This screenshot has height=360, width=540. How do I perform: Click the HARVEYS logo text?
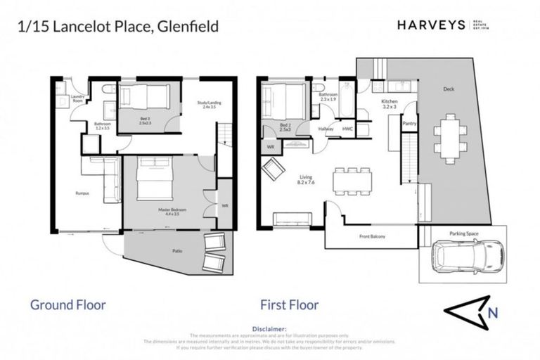coord(431,25)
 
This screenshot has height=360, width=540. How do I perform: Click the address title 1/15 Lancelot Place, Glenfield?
coord(117,27)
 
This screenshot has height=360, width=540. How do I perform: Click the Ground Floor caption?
coord(67,304)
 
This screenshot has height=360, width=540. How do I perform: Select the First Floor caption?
coord(290,304)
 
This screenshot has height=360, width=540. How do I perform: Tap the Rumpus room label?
coord(82,193)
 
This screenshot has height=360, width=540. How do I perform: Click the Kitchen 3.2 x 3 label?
coord(390,104)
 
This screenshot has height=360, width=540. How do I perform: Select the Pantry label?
coord(409,124)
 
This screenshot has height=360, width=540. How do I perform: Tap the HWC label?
coord(347,129)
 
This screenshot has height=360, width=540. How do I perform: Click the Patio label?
coord(177,250)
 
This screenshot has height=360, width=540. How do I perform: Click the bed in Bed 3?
coord(144,96)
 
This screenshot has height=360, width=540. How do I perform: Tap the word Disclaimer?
coord(269,328)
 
